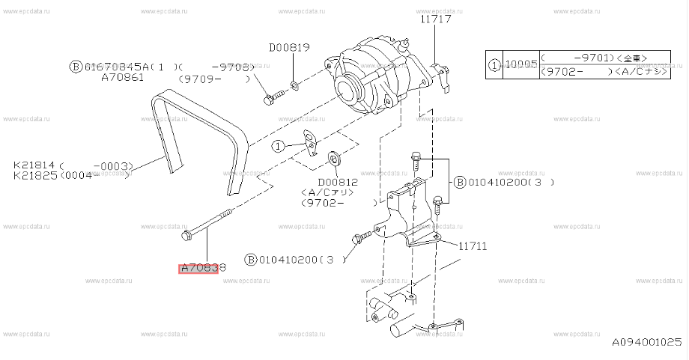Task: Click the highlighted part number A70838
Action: pyautogui.click(x=198, y=267)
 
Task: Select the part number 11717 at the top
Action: pyautogui.click(x=435, y=19)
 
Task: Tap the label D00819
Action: pyautogui.click(x=289, y=47)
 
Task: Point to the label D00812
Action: pyautogui.click(x=339, y=181)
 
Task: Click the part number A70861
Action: pyautogui.click(x=121, y=78)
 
